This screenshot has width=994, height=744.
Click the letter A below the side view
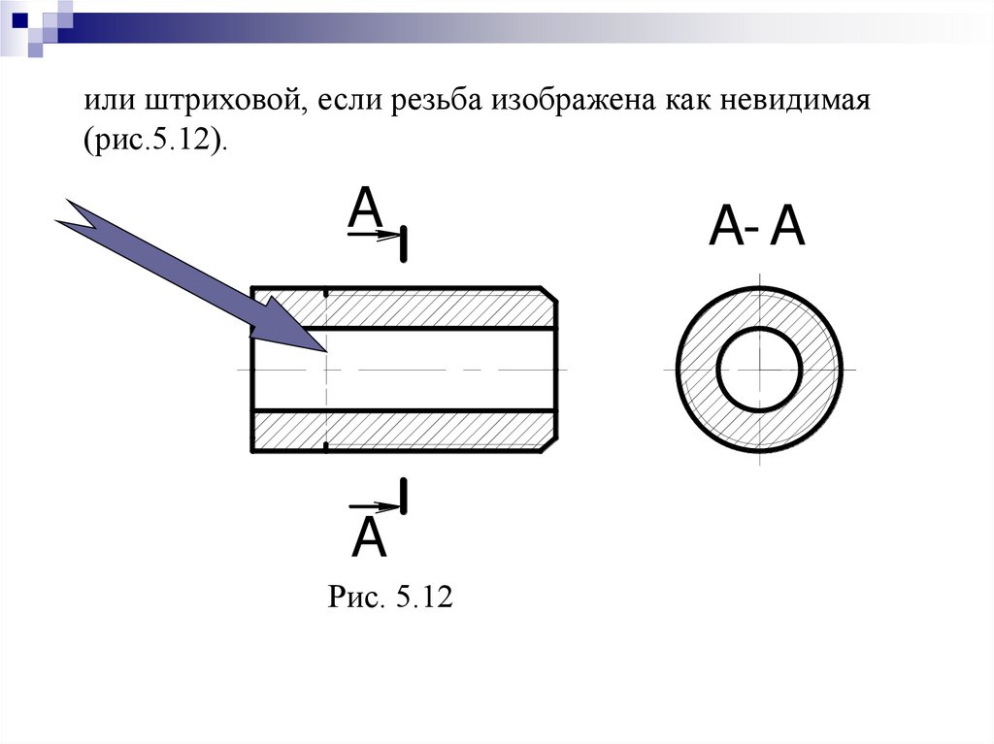tap(369, 538)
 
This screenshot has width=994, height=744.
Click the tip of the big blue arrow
tap(323, 348)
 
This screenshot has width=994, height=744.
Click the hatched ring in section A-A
tap(698, 370)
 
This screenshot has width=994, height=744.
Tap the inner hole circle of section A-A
tap(759, 370)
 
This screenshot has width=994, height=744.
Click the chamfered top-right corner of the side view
tap(550, 295)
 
